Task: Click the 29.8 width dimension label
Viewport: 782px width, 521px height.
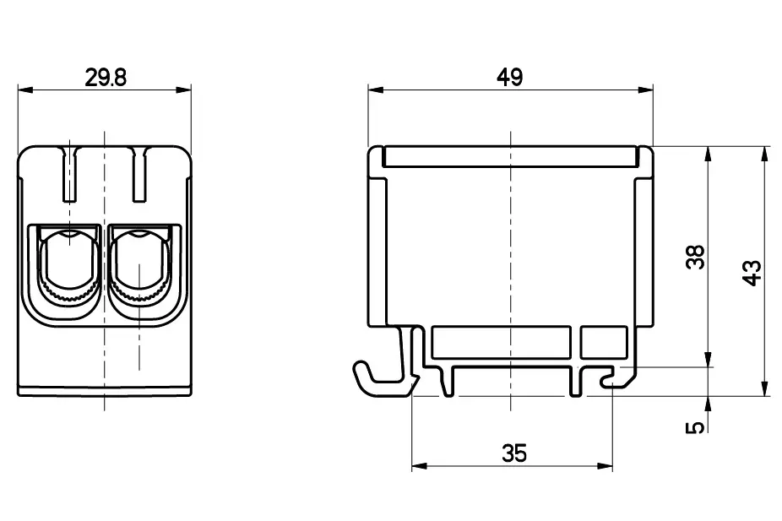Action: pyautogui.click(x=106, y=78)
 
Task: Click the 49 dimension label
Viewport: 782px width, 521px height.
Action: pyautogui.click(x=510, y=78)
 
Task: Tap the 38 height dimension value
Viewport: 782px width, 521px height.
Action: pyautogui.click(x=696, y=258)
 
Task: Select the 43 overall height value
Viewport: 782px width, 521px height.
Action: pyautogui.click(x=752, y=273)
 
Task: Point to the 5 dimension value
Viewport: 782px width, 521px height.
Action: pyautogui.click(x=696, y=426)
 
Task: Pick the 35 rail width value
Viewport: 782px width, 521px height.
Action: pyautogui.click(x=514, y=453)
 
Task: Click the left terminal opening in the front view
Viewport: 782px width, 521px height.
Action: pyautogui.click(x=68, y=269)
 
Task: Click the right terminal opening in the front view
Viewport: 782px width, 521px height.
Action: pyautogui.click(x=139, y=269)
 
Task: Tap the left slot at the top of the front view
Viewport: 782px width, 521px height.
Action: pyautogui.click(x=70, y=175)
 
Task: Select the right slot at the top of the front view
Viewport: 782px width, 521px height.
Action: pyautogui.click(x=139, y=175)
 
